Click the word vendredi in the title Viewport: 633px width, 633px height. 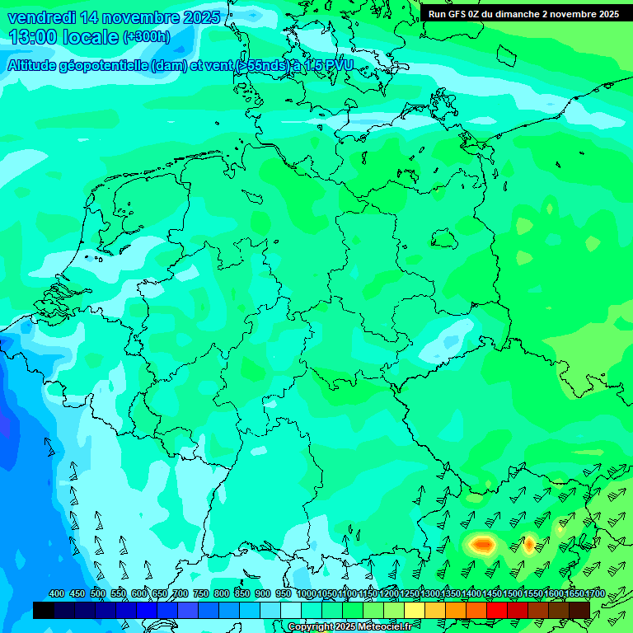[42, 17]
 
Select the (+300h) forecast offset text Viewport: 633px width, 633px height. [146, 37]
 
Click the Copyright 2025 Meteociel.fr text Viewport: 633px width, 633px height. [349, 626]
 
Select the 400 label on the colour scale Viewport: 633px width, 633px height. [57, 593]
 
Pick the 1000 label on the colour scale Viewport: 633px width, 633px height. [306, 593]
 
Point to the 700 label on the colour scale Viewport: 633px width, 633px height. [181, 593]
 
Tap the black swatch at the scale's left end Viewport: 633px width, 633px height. [43, 610]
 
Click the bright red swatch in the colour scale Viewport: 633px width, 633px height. [497, 610]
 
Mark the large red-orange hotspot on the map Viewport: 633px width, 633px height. [481, 544]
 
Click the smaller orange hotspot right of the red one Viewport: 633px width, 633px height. [529, 543]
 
